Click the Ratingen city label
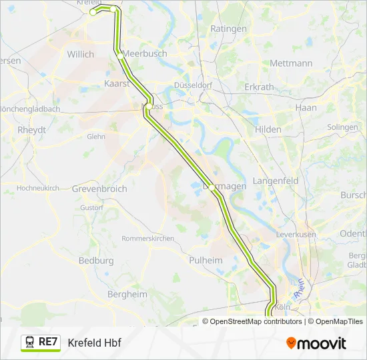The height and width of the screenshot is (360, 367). coord(228,29)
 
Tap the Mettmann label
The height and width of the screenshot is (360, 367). coord(291,63)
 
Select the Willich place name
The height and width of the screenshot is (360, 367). coord(81,54)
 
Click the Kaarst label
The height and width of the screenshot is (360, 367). coord(116,83)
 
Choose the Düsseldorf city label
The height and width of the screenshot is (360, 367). coord(192,85)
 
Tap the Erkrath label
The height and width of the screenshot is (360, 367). coord(259,87)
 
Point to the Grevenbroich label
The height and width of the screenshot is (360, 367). coord(99,189)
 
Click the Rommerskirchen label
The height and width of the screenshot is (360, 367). coord(147,238)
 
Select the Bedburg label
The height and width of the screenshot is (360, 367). coord(96,261)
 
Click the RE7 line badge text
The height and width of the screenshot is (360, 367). coord(48,342)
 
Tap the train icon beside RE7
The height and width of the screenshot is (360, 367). coord(29,342)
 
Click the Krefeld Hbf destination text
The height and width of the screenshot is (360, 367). coord(94,343)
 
